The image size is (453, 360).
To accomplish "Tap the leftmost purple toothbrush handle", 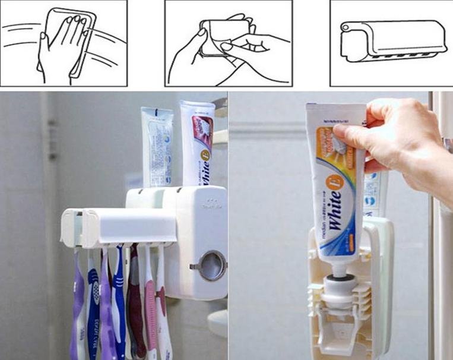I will (x=78, y=309).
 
